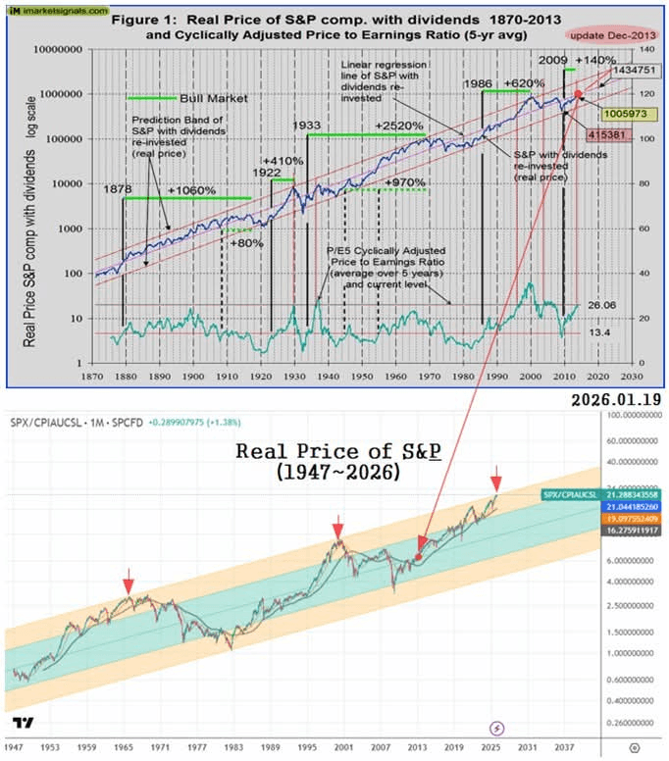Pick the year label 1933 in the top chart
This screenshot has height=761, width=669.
tap(309, 127)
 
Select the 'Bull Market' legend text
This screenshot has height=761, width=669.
tap(214, 98)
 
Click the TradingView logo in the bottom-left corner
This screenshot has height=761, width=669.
tap(24, 723)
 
